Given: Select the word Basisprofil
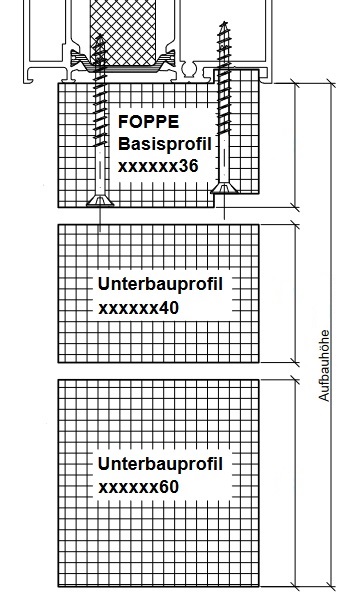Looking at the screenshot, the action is coord(165,144).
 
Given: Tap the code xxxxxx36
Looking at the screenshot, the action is coord(158,166).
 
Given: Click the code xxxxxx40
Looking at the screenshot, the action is coord(139,307).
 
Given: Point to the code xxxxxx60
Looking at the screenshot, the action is coord(139,487).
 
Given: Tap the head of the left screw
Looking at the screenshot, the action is coord(101,200).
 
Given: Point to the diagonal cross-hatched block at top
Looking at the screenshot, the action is coord(128,30).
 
